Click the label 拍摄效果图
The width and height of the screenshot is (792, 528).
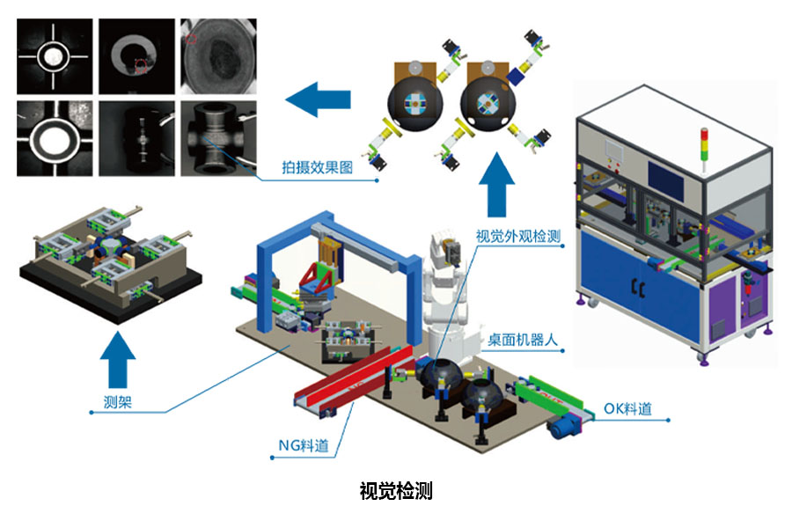pyautogui.click(x=317, y=167)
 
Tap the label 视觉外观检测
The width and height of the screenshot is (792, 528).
pyautogui.click(x=518, y=236)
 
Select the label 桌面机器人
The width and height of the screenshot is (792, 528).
pyautogui.click(x=522, y=340)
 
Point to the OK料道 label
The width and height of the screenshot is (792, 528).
pyautogui.click(x=627, y=408)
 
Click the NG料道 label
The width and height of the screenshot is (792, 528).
pyautogui.click(x=304, y=445)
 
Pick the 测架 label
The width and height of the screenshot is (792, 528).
pyautogui.click(x=118, y=402)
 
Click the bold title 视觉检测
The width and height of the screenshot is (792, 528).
pyautogui.click(x=396, y=491)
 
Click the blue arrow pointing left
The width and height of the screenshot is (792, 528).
pyautogui.click(x=319, y=99)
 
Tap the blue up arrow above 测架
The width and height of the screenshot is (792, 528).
pyautogui.click(x=118, y=359)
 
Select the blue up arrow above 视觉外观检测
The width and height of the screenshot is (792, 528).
pyautogui.click(x=497, y=185)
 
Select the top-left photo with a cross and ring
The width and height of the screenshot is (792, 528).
pyautogui.click(x=55, y=56)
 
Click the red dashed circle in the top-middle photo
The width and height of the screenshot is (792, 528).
pyautogui.click(x=141, y=65)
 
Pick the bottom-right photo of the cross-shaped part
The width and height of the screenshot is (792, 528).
pyautogui.click(x=218, y=138)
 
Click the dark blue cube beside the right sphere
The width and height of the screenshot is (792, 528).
pyautogui.click(x=517, y=75)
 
